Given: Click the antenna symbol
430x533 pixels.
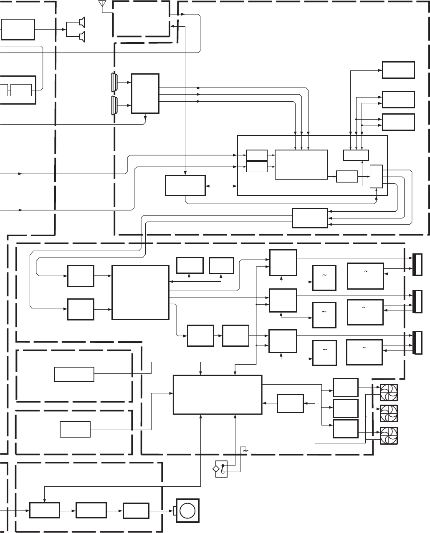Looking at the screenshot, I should (x=100, y=4).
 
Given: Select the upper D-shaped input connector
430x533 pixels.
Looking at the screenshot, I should (x=114, y=82).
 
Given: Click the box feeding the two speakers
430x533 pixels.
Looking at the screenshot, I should (x=18, y=29).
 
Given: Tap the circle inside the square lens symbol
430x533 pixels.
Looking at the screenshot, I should (x=187, y=510).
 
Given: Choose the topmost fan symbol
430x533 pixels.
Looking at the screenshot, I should (x=388, y=392).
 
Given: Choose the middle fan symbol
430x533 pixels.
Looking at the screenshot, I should (x=388, y=413).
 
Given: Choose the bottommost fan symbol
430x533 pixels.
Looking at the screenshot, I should (x=388, y=435).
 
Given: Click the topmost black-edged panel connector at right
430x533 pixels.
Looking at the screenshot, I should (x=417, y=265).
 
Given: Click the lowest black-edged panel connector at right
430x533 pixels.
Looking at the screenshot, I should (x=417, y=343).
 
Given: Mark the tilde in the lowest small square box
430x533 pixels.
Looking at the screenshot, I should (x=324, y=350).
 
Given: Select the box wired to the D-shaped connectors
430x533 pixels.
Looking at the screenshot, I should (x=145, y=93).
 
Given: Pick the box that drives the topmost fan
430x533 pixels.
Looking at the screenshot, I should (x=345, y=388).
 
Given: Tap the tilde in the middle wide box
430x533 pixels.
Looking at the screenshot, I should (x=364, y=308).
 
